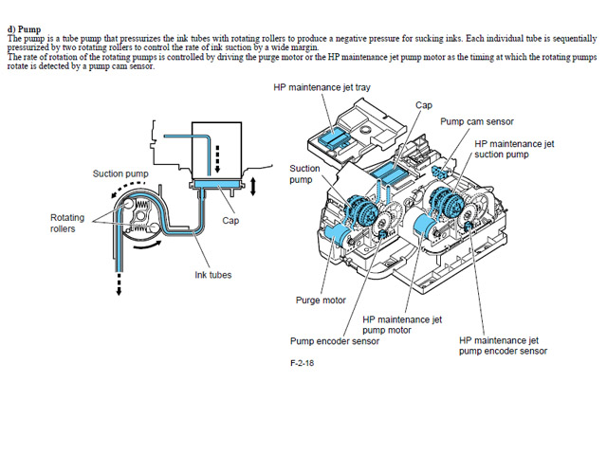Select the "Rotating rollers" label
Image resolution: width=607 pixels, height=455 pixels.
(67, 222)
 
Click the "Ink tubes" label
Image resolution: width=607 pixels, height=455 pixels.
(212, 275)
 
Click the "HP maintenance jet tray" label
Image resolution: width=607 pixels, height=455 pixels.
(334, 87)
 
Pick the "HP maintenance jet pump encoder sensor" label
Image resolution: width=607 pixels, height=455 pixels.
(502, 345)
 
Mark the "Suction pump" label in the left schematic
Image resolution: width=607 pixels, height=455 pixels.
(118, 173)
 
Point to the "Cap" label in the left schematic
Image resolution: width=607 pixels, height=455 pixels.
(230, 220)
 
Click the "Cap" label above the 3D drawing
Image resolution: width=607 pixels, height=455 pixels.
(424, 105)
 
